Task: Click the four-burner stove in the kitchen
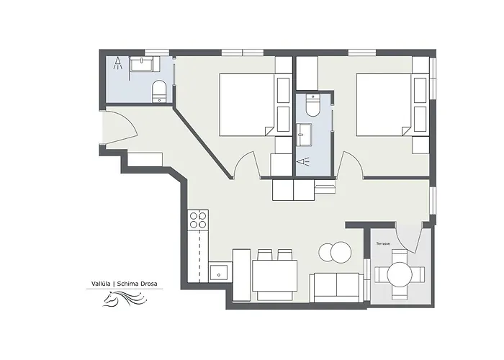(x=198, y=220)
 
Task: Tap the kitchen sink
(x=219, y=272)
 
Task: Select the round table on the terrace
(x=400, y=274)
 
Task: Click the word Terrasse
(x=383, y=243)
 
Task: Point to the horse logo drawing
(x=125, y=299)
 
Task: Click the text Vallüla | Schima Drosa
(x=125, y=284)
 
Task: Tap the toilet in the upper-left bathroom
(x=158, y=91)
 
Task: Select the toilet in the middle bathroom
(x=312, y=105)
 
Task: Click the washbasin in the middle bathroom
(x=304, y=135)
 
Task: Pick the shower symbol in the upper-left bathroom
(x=118, y=63)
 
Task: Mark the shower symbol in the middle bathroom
(x=304, y=161)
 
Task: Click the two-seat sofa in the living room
(x=336, y=288)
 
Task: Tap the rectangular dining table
(x=274, y=276)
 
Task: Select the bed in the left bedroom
(x=246, y=105)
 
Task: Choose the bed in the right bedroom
(x=384, y=105)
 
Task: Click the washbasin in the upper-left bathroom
(x=141, y=63)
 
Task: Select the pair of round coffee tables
(x=335, y=252)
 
